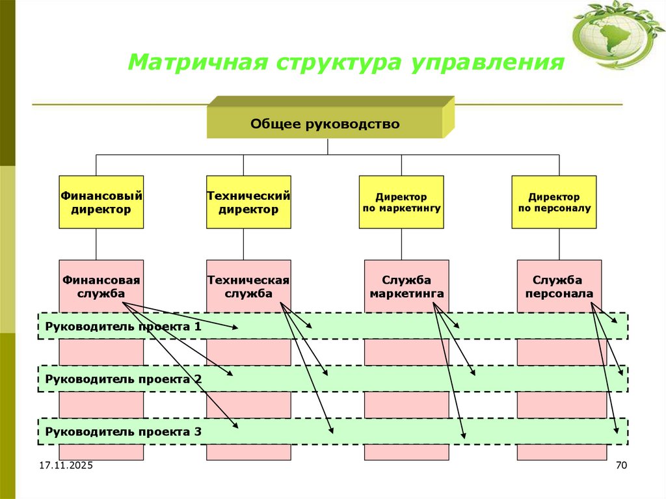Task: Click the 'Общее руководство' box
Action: (x=325, y=124)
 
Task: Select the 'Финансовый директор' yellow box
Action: (x=101, y=202)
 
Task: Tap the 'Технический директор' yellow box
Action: (x=248, y=202)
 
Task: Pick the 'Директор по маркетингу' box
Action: (x=401, y=202)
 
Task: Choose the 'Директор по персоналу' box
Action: (x=554, y=202)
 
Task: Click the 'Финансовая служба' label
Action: (x=101, y=286)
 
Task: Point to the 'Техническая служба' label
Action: (x=248, y=286)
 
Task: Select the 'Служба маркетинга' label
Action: (x=406, y=286)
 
